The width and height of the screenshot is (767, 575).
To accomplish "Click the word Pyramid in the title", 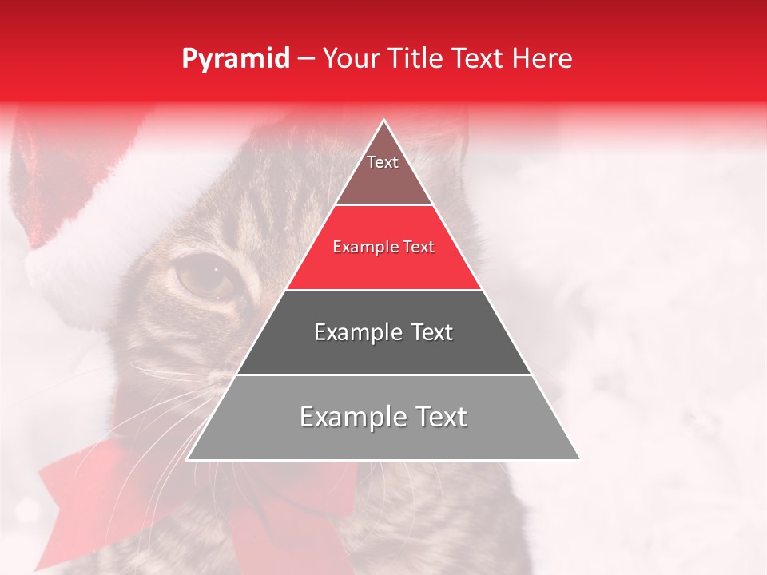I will coord(235,59).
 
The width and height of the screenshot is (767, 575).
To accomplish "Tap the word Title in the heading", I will coord(416,59).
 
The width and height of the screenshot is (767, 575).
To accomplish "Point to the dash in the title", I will coord(305,60).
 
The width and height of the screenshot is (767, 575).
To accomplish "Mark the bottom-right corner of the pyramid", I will coord(579,459).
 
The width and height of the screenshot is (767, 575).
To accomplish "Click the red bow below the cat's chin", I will coord(88,487).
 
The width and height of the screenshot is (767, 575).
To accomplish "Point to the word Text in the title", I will coord(479,59).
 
